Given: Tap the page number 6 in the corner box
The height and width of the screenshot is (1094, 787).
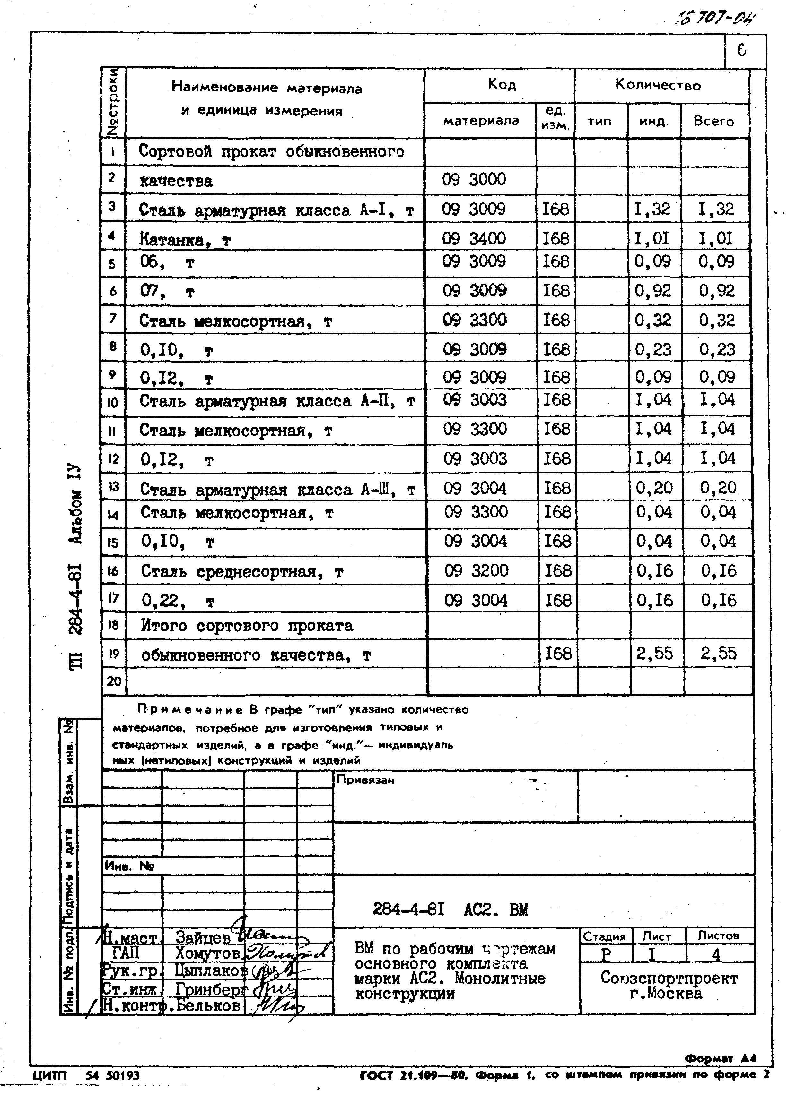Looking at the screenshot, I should point(741,50).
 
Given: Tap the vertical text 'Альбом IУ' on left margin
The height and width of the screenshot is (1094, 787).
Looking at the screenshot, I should point(77,504).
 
